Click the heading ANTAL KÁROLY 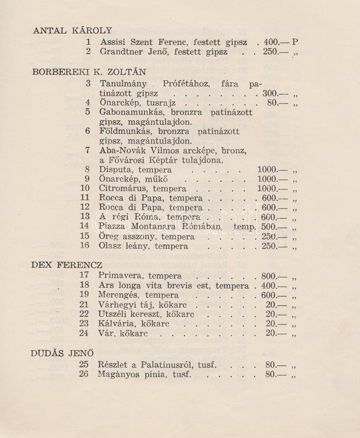[72, 31]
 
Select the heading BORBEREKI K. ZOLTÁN [89, 72]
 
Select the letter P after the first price [295, 42]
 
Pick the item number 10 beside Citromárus [84, 188]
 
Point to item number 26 [84, 374]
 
